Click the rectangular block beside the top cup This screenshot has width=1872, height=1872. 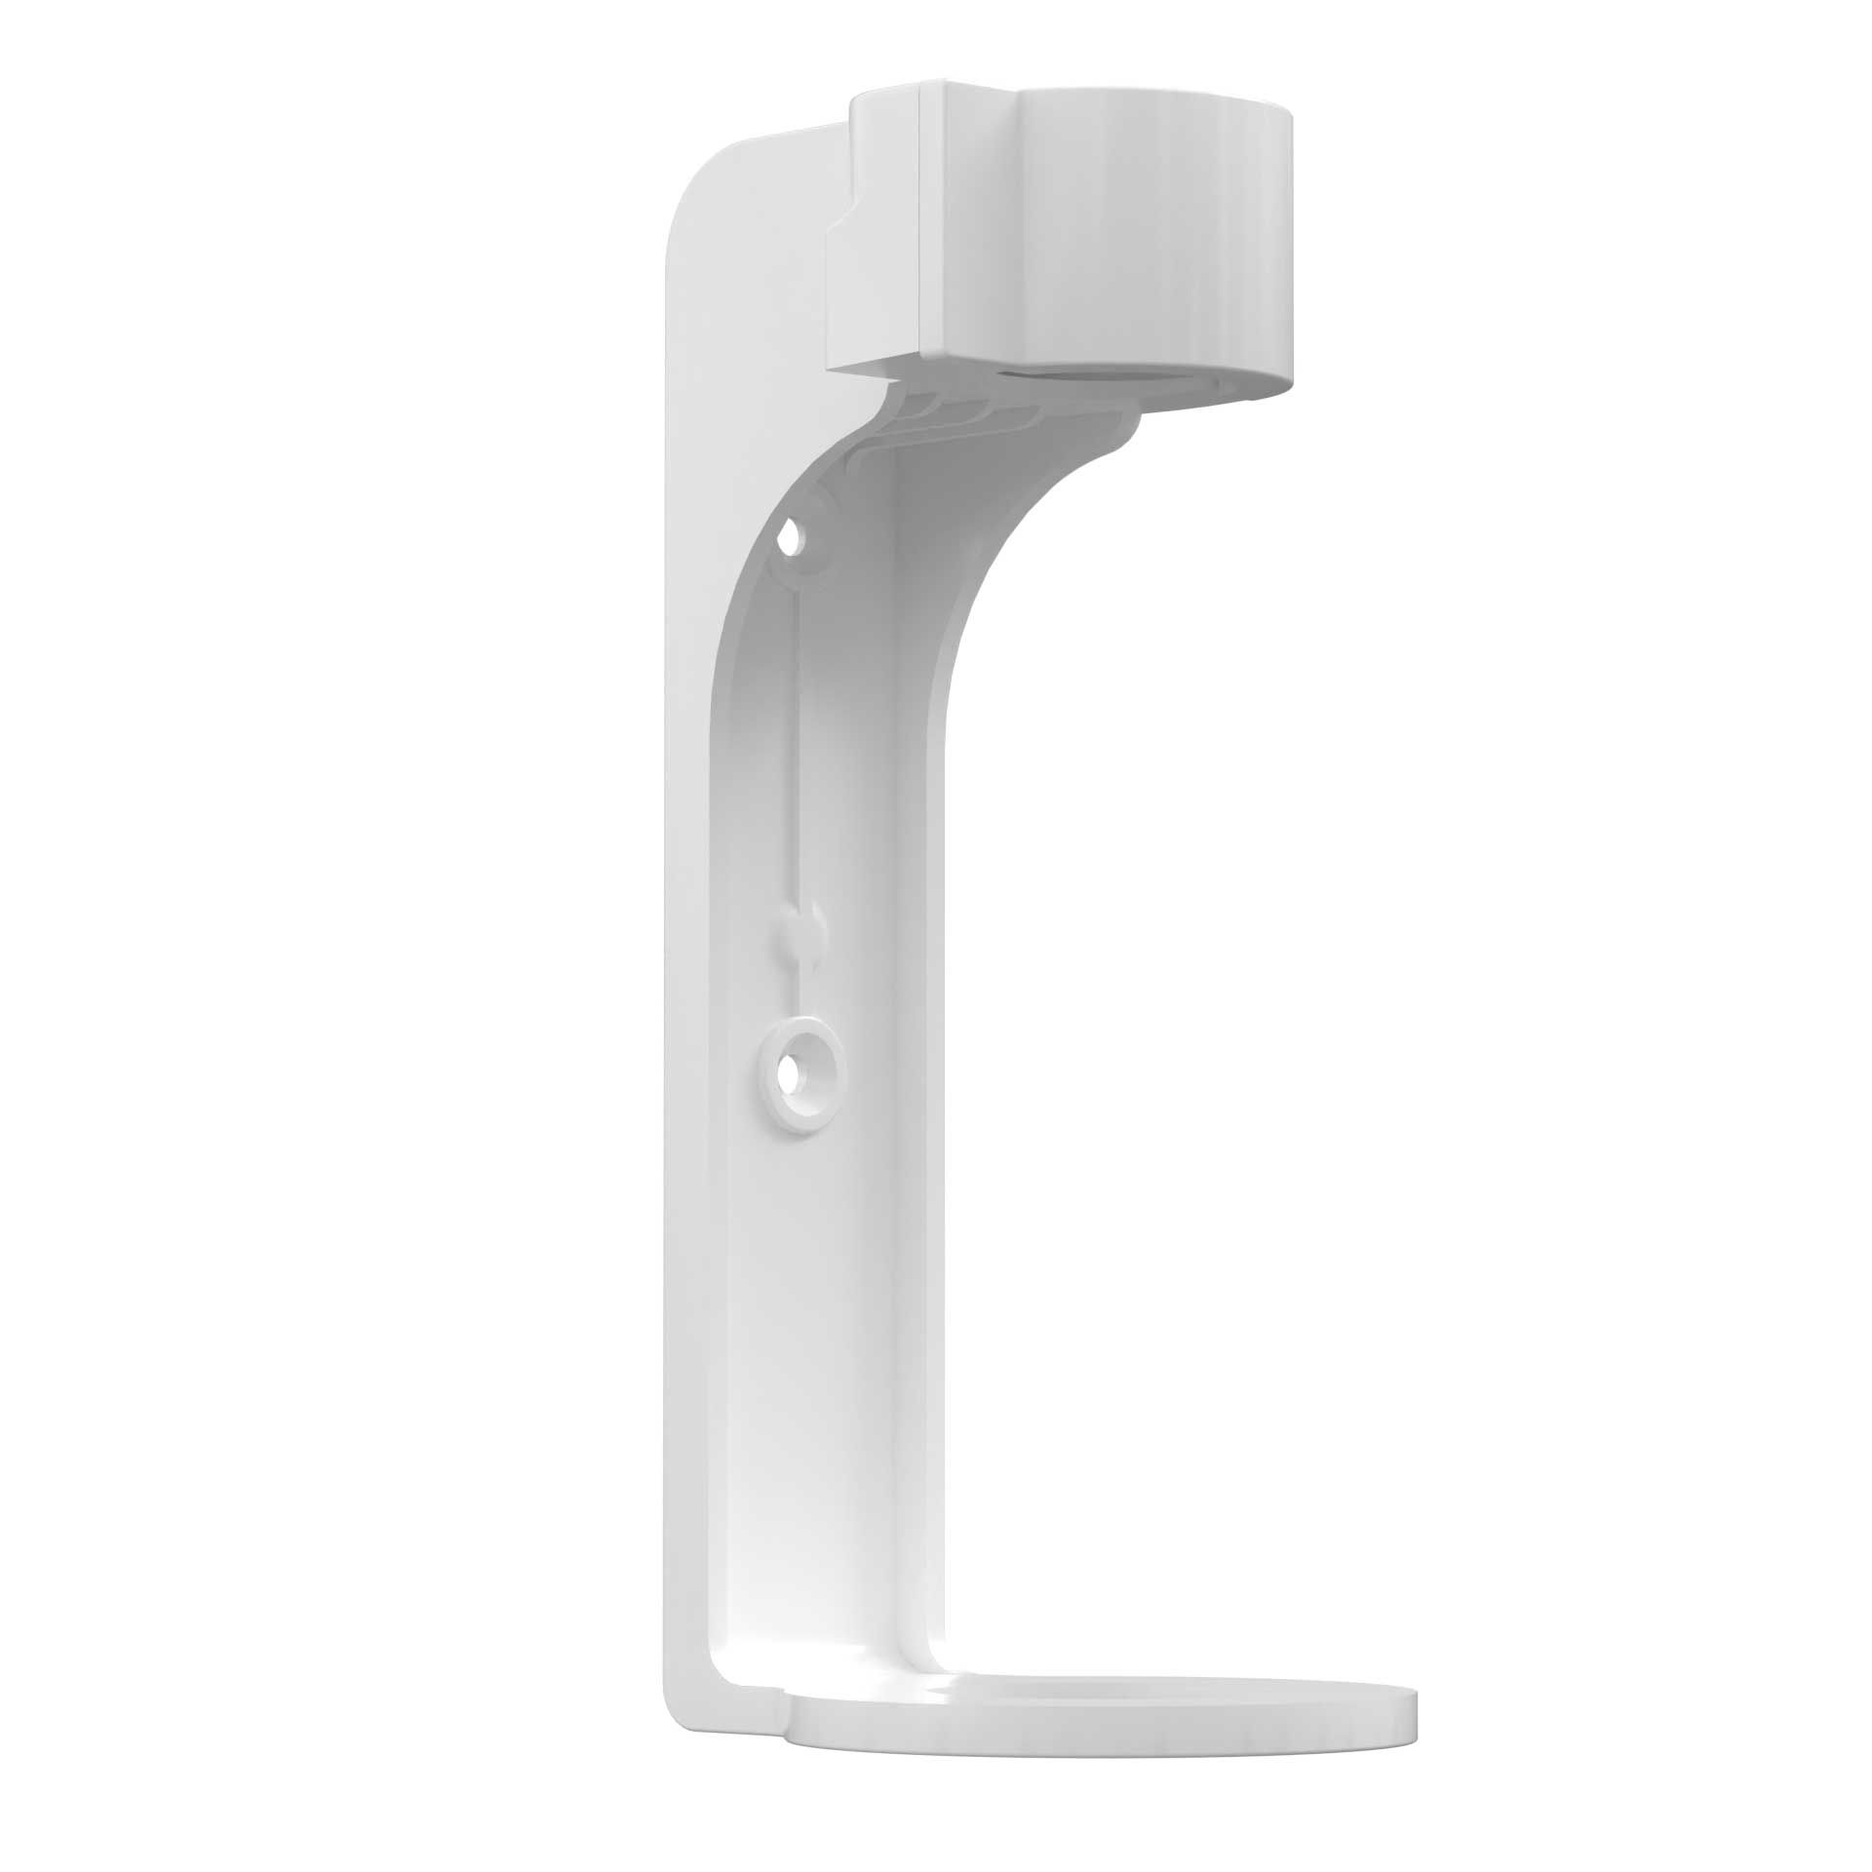coord(882,234)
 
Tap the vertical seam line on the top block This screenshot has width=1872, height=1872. coord(921,234)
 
